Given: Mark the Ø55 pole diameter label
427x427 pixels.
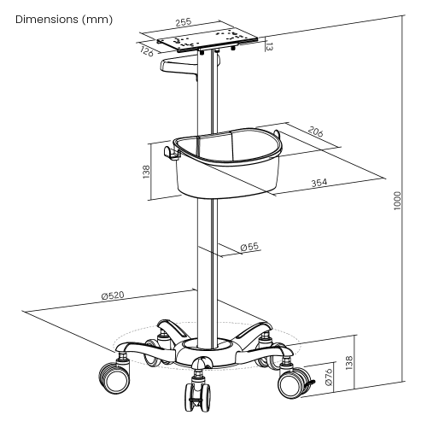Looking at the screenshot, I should coord(249,247).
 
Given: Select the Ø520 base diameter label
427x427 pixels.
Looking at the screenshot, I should coord(113,295).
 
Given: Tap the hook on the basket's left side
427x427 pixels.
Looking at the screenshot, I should coord(168,154).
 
